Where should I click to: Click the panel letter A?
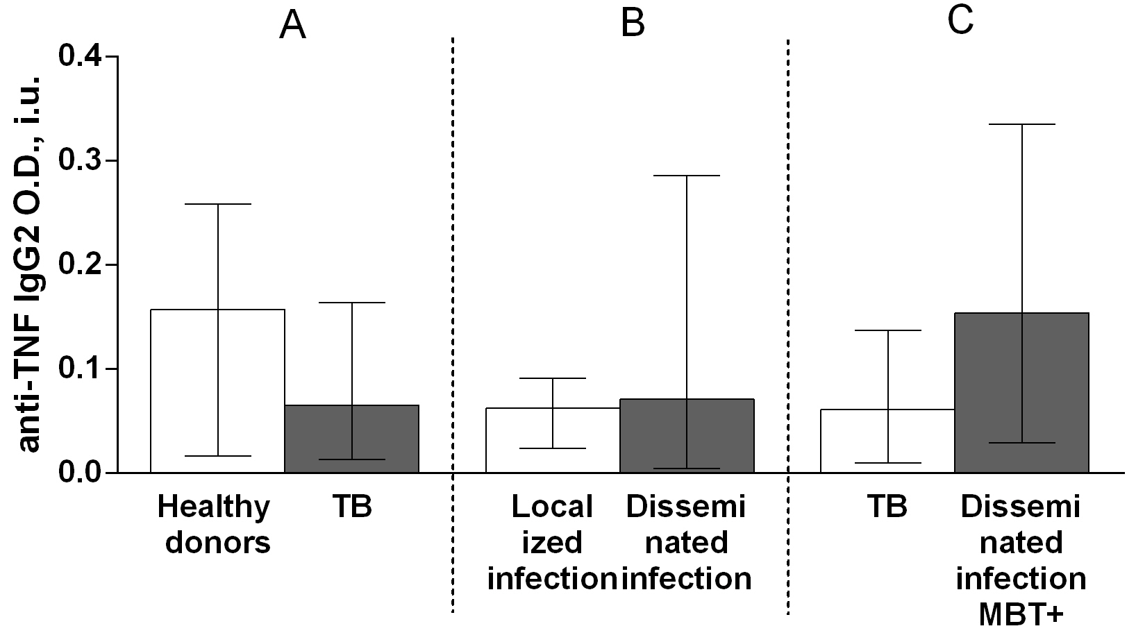click(x=292, y=26)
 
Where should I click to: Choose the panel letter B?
click(x=632, y=23)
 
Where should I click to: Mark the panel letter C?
click(x=960, y=21)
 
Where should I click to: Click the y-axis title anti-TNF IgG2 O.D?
click(x=28, y=264)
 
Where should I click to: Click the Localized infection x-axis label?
click(x=553, y=542)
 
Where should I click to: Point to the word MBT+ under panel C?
click(x=1021, y=614)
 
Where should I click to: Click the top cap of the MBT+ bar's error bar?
click(x=1021, y=124)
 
